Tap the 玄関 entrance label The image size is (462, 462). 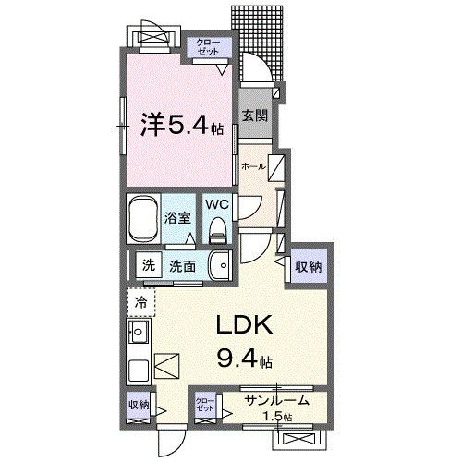[x=256, y=115]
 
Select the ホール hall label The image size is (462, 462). [x=252, y=166]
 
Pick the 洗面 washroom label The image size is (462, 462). [x=182, y=266]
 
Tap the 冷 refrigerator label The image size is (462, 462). [x=141, y=301]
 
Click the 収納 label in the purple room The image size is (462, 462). [x=309, y=266]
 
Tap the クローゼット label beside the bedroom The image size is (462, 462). [x=206, y=47]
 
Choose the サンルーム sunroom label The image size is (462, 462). [x=276, y=401]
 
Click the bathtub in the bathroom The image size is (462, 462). [x=143, y=218]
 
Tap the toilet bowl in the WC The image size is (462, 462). [x=216, y=227]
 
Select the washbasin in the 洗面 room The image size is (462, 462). [x=218, y=266]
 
